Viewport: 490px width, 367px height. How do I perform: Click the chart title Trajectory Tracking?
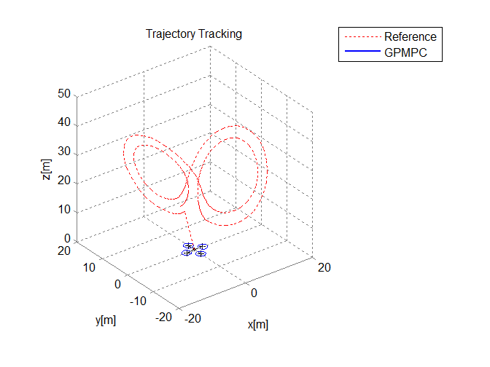[194, 34]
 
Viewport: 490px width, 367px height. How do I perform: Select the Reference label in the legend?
[411, 37]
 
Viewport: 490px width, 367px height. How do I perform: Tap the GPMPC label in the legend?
[405, 52]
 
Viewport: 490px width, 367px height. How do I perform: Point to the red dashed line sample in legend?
[362, 37]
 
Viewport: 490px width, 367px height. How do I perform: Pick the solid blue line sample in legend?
[362, 51]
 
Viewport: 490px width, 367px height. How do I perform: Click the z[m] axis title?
[46, 170]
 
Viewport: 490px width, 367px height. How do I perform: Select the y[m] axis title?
[106, 320]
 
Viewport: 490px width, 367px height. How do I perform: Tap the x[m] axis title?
[258, 325]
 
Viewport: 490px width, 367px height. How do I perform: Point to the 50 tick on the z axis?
[64, 94]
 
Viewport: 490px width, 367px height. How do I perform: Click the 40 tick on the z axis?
[64, 122]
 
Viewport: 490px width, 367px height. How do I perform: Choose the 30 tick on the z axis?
[64, 151]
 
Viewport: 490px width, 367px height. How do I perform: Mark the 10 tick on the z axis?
[64, 210]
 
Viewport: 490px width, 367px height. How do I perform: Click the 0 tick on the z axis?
[67, 238]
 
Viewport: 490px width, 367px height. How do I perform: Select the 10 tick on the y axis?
[89, 267]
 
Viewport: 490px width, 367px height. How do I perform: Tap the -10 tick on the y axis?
[138, 301]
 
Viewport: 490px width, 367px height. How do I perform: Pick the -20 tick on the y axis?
[163, 317]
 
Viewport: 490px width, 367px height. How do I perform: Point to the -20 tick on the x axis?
[192, 319]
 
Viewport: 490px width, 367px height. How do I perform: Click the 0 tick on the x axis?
[254, 293]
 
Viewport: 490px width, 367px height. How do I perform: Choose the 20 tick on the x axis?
[324, 267]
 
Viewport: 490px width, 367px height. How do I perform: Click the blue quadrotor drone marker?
[194, 249]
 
